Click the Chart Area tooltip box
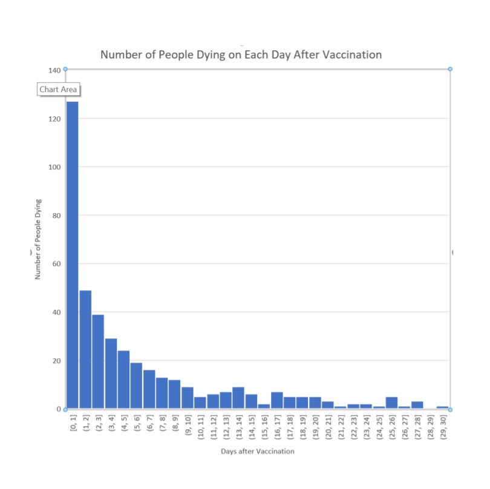[x=59, y=89]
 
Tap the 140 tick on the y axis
[x=54, y=70]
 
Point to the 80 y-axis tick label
[x=57, y=215]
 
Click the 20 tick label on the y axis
[x=57, y=361]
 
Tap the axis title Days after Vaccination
[x=258, y=451]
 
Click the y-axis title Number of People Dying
[x=38, y=239]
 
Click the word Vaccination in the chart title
[x=352, y=54]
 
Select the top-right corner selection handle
[x=450, y=69]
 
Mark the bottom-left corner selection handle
[x=65, y=409]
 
